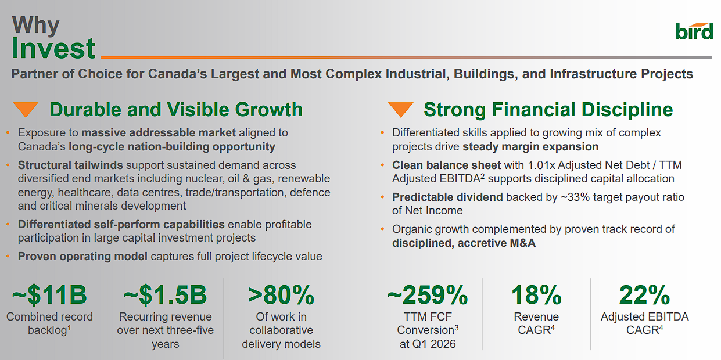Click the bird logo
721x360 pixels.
[x=694, y=31]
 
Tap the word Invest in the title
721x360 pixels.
[x=53, y=48]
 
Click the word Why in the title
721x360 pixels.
[x=35, y=25]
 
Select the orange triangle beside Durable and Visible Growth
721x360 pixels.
[x=26, y=109]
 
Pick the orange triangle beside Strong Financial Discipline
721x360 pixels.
[x=400, y=109]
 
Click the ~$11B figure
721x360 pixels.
[x=49, y=295]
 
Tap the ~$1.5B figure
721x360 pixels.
[x=165, y=295]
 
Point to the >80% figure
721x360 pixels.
[x=281, y=295]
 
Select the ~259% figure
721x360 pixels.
[x=428, y=295]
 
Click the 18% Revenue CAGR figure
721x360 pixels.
[x=536, y=295]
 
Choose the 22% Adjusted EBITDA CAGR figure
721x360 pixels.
[x=644, y=295]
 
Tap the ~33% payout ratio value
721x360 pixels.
[x=575, y=197]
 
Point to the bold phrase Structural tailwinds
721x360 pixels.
[x=70, y=165]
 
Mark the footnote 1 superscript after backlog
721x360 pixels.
[x=69, y=327]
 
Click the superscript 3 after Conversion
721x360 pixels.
[x=457, y=327]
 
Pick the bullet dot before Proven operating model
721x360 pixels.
[x=8, y=257]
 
